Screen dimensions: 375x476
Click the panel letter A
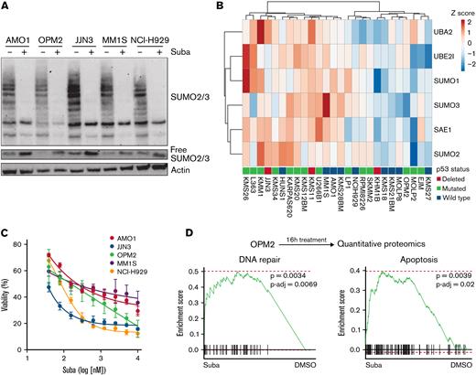tap(6, 8)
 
